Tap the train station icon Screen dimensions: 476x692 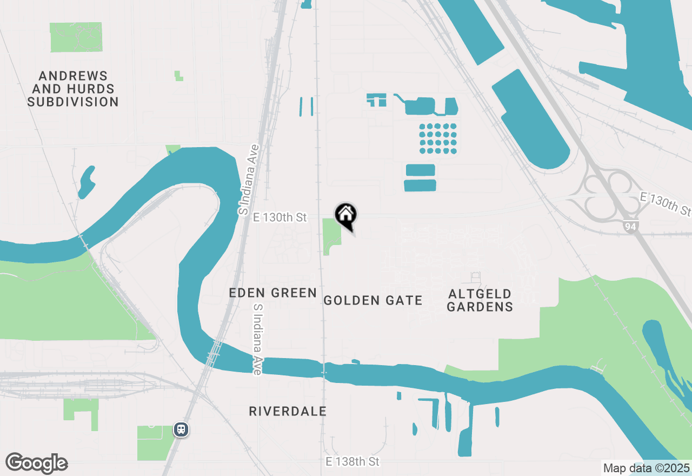click(x=181, y=429)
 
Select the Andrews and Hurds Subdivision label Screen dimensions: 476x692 click(x=73, y=89)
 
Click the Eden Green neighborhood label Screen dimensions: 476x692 click(x=272, y=293)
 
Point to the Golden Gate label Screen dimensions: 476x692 click(x=372, y=300)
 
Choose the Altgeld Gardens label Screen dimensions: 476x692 click(x=480, y=300)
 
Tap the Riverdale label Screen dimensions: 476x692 click(x=288, y=412)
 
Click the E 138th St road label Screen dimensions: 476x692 click(x=352, y=461)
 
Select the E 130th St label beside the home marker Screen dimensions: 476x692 click(x=280, y=217)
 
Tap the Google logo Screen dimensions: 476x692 click(x=36, y=464)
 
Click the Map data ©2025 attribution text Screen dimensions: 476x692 click(x=646, y=468)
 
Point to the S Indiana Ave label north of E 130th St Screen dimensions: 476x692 click(x=250, y=178)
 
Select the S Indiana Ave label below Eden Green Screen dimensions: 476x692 click(x=258, y=339)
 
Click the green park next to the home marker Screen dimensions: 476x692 click(x=331, y=235)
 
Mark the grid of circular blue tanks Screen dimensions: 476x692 click(x=438, y=138)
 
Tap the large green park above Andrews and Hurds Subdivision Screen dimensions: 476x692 click(x=76, y=37)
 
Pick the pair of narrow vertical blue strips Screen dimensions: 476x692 click(x=306, y=107)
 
